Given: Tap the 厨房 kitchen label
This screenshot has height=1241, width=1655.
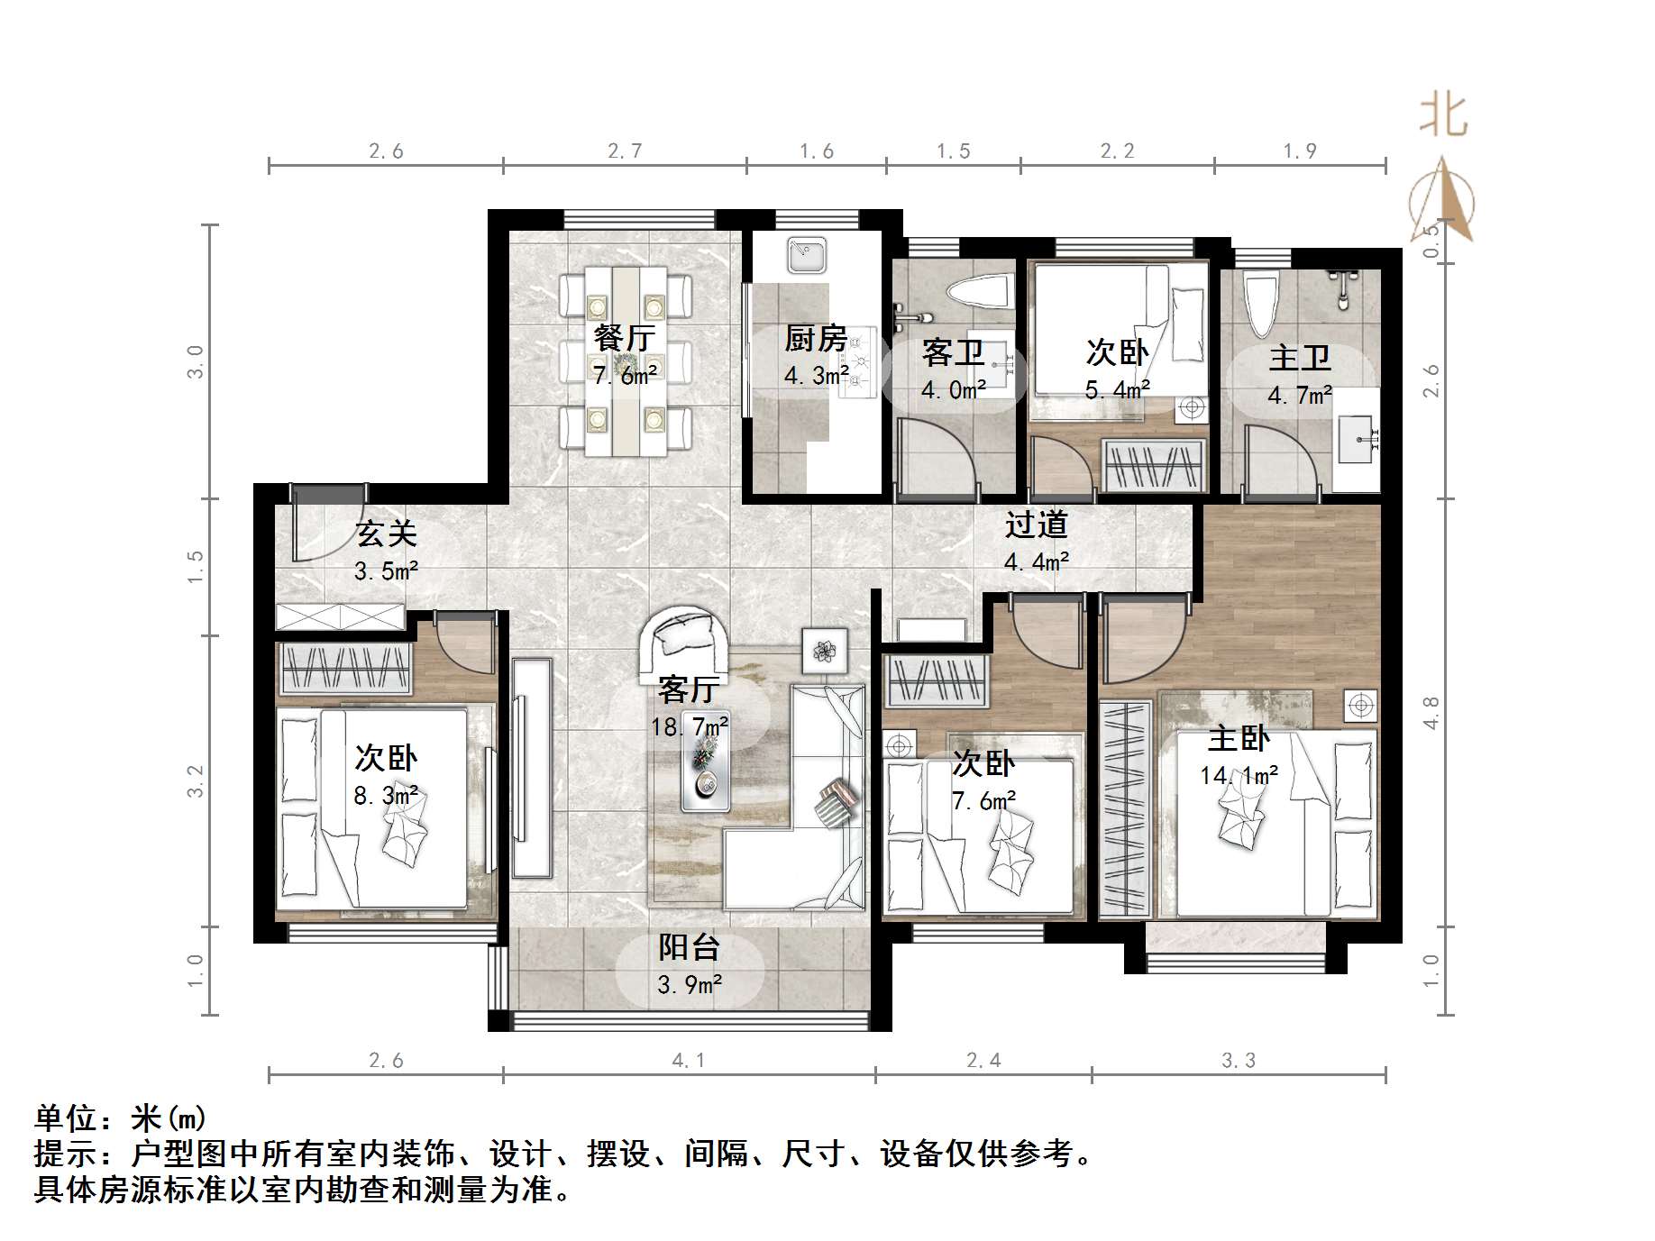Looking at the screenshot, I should click(x=815, y=338).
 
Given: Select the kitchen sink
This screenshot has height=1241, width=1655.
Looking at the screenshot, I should click(x=806, y=254).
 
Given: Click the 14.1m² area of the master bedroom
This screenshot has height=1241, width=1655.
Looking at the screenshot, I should click(x=1239, y=775).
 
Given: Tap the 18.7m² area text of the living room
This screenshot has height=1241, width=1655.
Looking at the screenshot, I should click(x=690, y=725).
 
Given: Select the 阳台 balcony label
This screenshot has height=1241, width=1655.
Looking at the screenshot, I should click(x=689, y=947).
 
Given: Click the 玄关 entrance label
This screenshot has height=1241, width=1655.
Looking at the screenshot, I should click(x=386, y=534).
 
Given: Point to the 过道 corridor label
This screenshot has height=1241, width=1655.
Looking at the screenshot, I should click(x=1037, y=524).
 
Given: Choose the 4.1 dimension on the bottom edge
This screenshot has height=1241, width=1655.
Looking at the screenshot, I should click(x=689, y=1061).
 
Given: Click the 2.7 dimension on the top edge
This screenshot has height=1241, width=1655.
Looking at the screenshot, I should click(x=625, y=151).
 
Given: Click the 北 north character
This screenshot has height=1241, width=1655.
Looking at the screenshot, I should click(x=1443, y=116).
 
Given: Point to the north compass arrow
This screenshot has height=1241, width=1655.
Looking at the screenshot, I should click(x=1443, y=198).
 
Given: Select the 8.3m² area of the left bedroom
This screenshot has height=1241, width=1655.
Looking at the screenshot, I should click(x=386, y=796).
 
